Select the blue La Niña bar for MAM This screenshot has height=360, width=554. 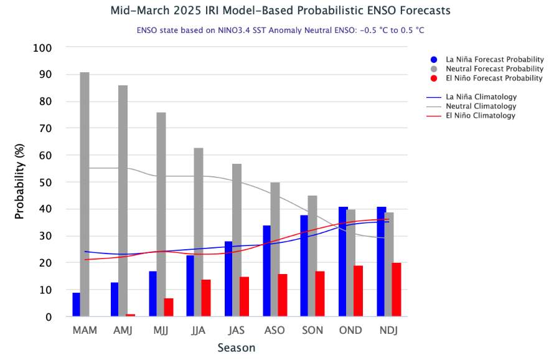coord(76,305)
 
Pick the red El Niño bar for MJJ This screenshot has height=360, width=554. coord(168,308)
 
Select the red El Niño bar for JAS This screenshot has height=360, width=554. coord(244,296)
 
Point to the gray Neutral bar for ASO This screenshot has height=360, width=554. coord(275,249)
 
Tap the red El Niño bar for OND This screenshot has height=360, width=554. coord(358,291)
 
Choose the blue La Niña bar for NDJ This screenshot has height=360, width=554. coord(381,262)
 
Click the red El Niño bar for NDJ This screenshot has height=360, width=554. coord(397,290)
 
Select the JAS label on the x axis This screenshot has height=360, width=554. coord(237,330)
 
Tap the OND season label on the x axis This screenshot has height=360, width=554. coord(350,330)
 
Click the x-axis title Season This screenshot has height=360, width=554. coord(236,348)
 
